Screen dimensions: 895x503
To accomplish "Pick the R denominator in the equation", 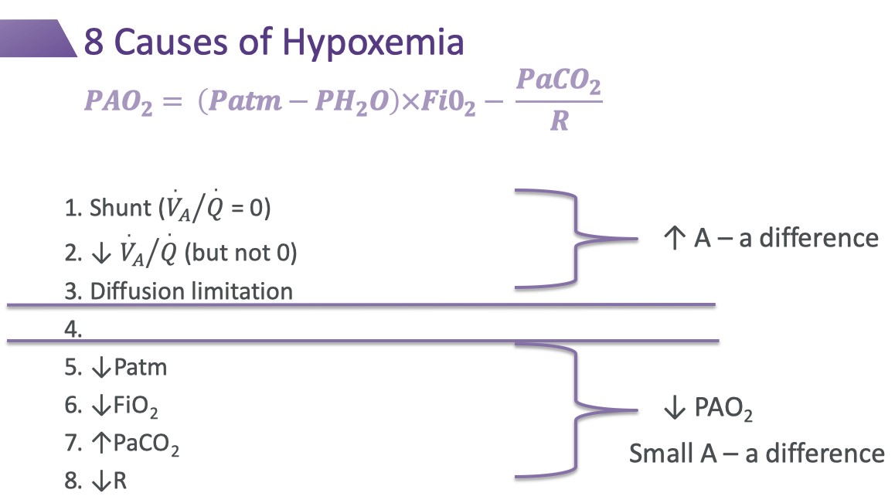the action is coord(559,122).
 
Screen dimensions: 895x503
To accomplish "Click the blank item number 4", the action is coord(73,328).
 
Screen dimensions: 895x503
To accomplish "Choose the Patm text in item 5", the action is coord(140,366).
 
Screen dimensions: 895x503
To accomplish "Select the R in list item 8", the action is coord(120,481).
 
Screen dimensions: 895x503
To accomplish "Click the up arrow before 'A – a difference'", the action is coord(674,238).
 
